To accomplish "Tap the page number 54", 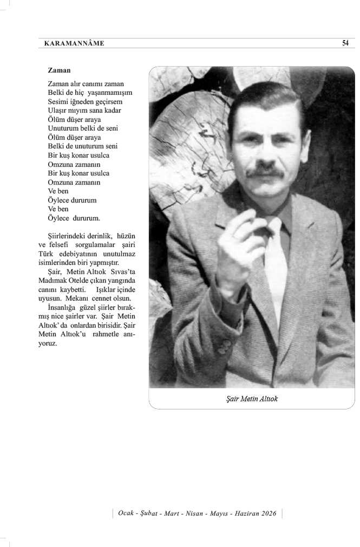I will (345, 43).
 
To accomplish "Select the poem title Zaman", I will (59, 70).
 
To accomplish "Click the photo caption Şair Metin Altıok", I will (252, 399).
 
